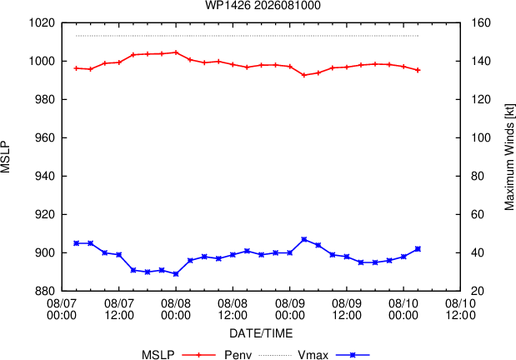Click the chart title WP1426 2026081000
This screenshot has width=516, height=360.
[x=263, y=5]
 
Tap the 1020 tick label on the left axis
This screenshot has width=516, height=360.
[x=42, y=23]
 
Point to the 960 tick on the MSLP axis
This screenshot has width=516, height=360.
[x=45, y=137]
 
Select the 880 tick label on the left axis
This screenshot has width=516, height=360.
[x=45, y=291]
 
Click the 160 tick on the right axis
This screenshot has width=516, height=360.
[x=481, y=23]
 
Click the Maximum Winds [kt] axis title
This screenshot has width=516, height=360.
[x=509, y=157]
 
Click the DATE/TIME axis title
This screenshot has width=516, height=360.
[x=261, y=333]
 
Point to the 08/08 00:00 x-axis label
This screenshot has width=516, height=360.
[x=176, y=309]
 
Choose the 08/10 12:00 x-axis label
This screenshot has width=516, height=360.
[x=460, y=309]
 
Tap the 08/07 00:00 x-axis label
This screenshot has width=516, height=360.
[x=62, y=309]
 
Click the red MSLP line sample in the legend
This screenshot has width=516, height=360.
[x=198, y=355]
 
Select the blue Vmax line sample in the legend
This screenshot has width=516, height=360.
[x=353, y=355]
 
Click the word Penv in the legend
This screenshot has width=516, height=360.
[x=238, y=355]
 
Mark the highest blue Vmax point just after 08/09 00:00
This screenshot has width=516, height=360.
[x=304, y=239]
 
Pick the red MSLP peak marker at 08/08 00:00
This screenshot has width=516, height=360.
[x=176, y=52]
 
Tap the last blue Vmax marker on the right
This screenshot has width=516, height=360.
[x=418, y=249]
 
